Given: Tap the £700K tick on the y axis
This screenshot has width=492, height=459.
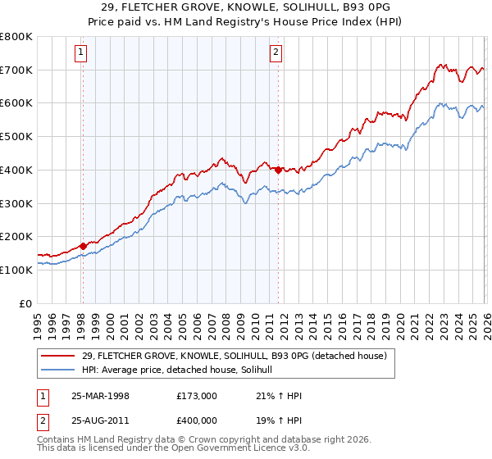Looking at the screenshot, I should [16, 70].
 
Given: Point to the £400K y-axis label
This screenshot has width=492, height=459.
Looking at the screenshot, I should [16, 170].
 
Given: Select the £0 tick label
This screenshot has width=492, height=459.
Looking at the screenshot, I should [25, 303].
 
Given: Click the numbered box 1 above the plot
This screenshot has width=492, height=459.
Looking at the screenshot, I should [82, 53].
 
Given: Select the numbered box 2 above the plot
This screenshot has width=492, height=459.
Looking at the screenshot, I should [276, 53].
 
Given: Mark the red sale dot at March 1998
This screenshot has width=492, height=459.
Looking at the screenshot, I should [84, 245].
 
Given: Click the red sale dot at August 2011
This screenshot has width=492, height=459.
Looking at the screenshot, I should [278, 170].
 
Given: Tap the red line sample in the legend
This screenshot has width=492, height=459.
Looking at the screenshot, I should [60, 356].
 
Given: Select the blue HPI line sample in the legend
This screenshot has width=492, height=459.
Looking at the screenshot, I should [60, 370].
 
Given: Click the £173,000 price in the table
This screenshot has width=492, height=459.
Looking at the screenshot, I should [197, 395].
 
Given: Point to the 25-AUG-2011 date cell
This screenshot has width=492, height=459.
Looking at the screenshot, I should [100, 420].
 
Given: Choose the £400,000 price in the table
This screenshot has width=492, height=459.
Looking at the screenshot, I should [197, 420].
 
